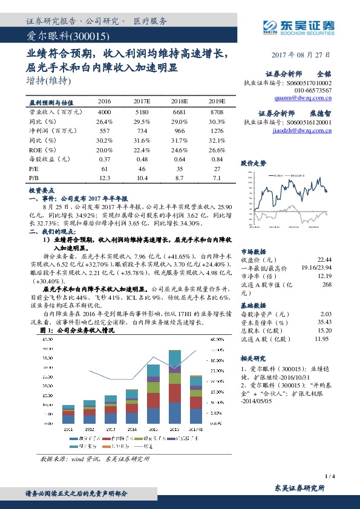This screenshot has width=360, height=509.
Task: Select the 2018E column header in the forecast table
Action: [179, 102]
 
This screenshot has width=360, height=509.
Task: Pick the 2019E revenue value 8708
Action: [217, 112]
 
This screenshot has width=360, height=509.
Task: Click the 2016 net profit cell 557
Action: [104, 131]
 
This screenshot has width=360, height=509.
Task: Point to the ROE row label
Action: [38, 149]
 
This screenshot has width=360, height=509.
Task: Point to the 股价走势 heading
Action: [253, 163]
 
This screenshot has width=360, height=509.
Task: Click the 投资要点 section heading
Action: [42, 190]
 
